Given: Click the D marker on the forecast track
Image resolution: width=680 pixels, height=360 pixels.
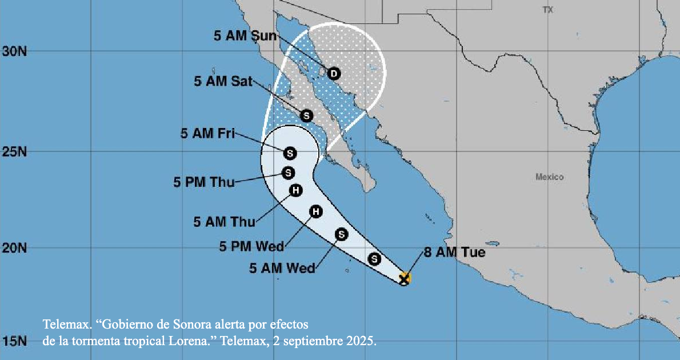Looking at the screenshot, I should (334, 73).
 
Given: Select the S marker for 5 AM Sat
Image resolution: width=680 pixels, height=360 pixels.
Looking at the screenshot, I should (307, 116).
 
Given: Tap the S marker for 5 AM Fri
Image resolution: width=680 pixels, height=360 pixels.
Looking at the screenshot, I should (290, 153).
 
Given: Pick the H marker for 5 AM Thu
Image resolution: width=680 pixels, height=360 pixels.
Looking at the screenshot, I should (295, 191).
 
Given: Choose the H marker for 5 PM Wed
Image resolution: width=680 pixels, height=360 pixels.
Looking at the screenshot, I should (315, 212).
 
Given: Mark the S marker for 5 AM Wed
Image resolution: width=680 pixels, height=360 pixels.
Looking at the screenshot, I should (342, 234).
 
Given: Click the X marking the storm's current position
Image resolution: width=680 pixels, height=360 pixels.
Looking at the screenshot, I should (404, 279).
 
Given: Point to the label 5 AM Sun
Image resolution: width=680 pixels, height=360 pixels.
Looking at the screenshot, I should (245, 36).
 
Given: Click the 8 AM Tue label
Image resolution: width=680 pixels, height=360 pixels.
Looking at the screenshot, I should (454, 252).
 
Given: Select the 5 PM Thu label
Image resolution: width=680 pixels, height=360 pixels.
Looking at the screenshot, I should (204, 183).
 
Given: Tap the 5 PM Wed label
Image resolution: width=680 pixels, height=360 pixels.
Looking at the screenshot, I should (252, 247).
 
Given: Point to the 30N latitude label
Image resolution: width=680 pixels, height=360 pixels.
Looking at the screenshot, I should (15, 51).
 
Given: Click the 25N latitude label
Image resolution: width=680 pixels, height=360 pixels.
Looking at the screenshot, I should (15, 153).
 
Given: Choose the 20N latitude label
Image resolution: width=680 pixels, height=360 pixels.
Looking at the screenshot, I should (15, 248).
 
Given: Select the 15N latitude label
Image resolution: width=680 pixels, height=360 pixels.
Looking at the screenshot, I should (15, 342).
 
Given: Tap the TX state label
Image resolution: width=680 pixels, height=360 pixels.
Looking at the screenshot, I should (549, 10).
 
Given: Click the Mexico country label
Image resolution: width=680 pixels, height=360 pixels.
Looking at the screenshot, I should (549, 177).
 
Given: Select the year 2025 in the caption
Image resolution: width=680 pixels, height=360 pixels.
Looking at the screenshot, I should (363, 342).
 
